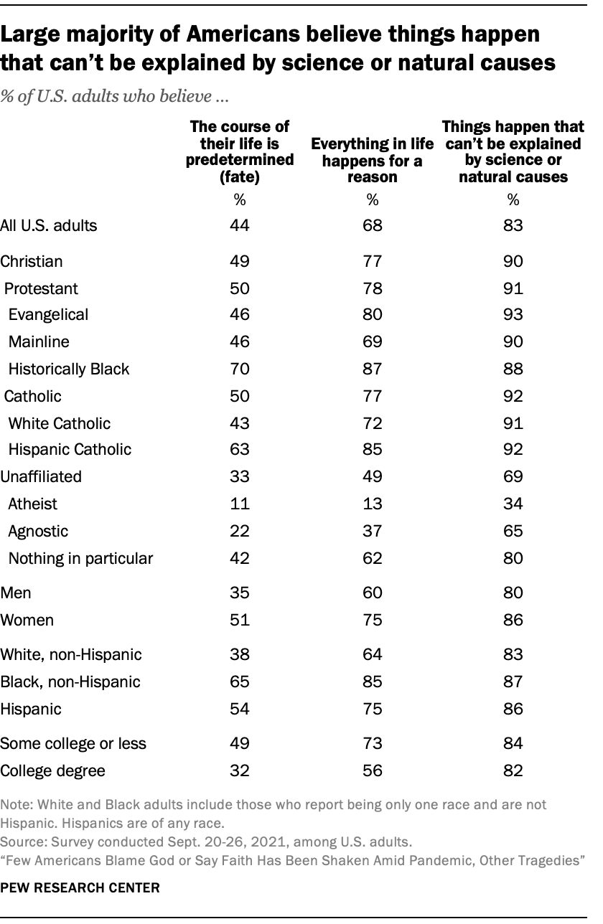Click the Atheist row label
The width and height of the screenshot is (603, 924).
point(32,504)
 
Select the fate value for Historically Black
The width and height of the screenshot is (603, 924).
point(240,369)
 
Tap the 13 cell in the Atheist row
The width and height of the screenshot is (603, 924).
point(373,504)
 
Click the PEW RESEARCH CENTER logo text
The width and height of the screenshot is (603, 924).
point(80,887)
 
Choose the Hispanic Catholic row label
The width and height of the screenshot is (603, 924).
point(70,450)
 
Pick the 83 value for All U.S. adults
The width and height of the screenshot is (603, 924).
point(513,225)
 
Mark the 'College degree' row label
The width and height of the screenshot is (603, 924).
point(53,770)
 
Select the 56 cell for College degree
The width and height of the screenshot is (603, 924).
point(373,770)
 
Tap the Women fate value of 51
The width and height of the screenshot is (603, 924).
point(240,620)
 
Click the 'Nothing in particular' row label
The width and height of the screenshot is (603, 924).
point(80,557)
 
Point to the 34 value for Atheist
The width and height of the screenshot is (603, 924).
point(513,504)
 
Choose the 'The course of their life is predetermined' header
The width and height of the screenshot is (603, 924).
point(240,152)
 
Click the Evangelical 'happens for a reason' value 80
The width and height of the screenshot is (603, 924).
point(373,315)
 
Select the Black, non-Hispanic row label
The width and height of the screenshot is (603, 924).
point(70,682)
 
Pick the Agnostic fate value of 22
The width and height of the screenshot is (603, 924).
point(240,531)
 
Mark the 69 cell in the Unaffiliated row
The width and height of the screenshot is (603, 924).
point(513,476)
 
